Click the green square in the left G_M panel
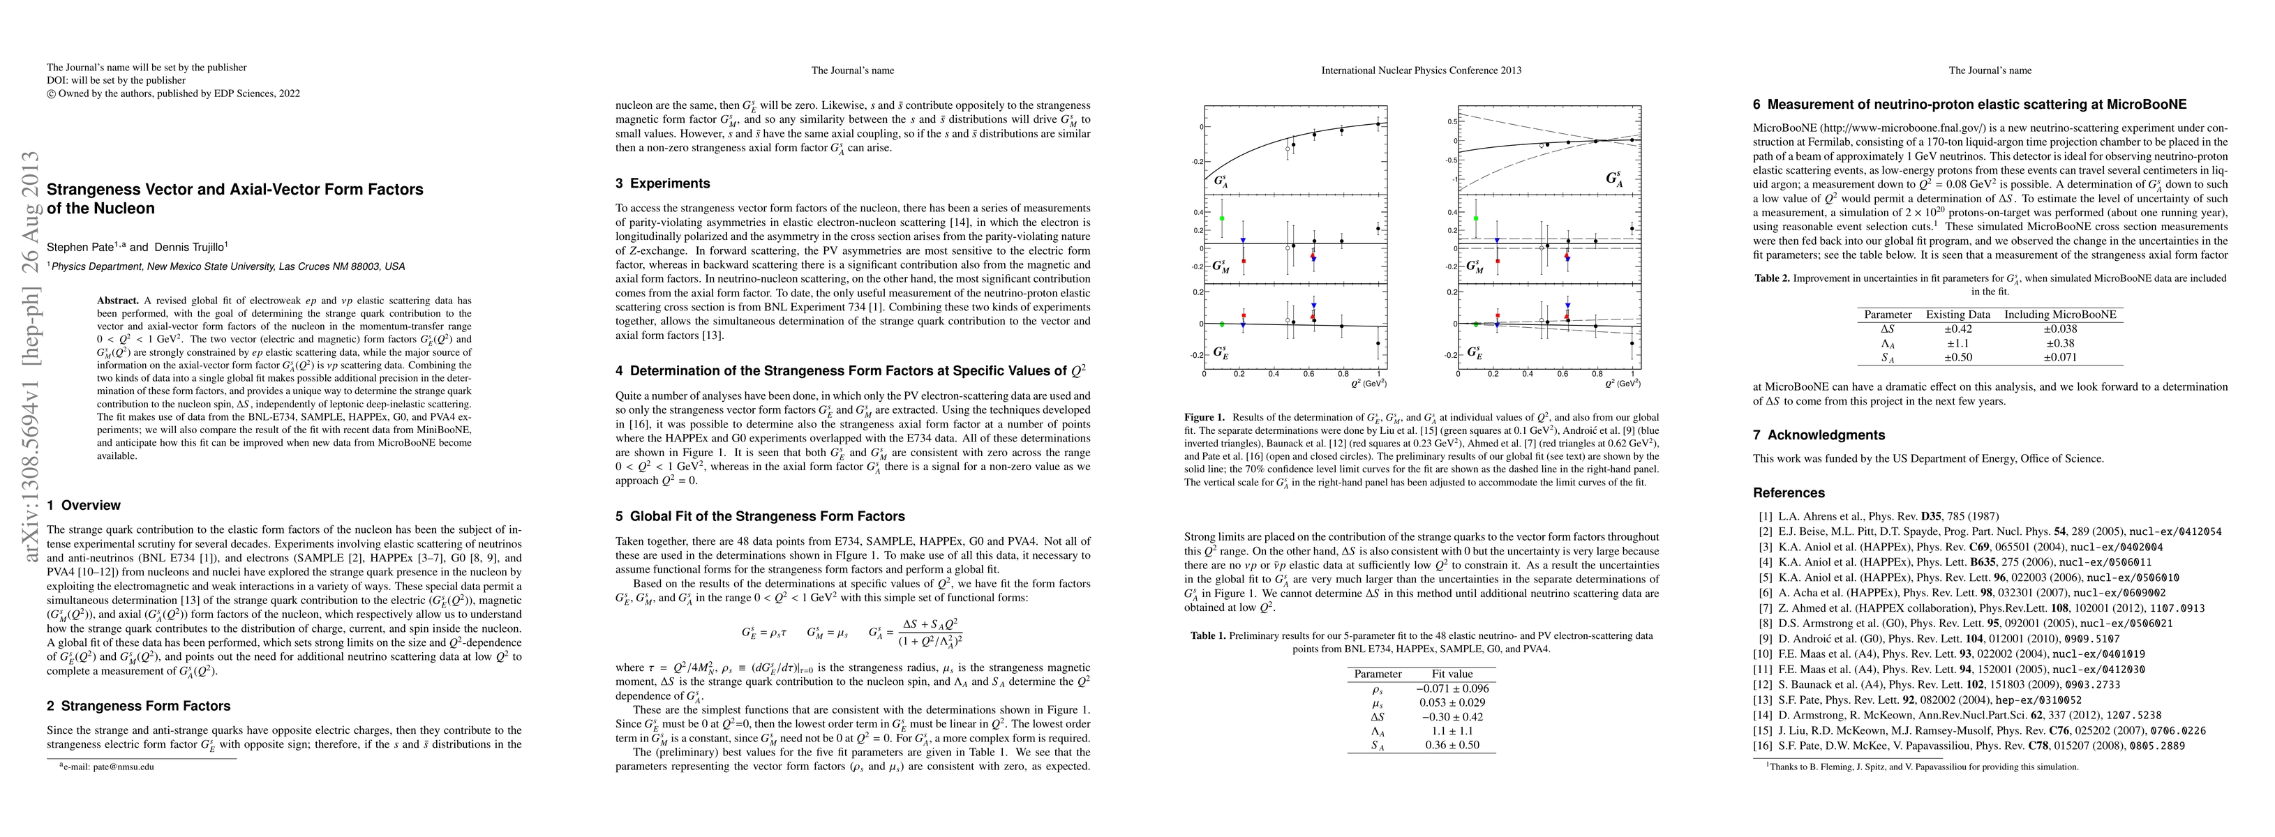pyautogui.click(x=1221, y=218)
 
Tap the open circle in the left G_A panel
pyautogui.click(x=1288, y=149)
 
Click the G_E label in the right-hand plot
pyautogui.click(x=1473, y=353)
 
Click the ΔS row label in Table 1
pyautogui.click(x=1377, y=717)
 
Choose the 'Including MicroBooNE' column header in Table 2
pyautogui.click(x=2059, y=315)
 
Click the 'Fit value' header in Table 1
pyautogui.click(x=1452, y=674)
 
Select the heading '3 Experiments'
pyautogui.click(x=662, y=183)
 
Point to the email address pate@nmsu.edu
pyautogui.click(x=110, y=767)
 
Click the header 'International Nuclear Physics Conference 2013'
pyautogui.click(x=1421, y=70)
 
